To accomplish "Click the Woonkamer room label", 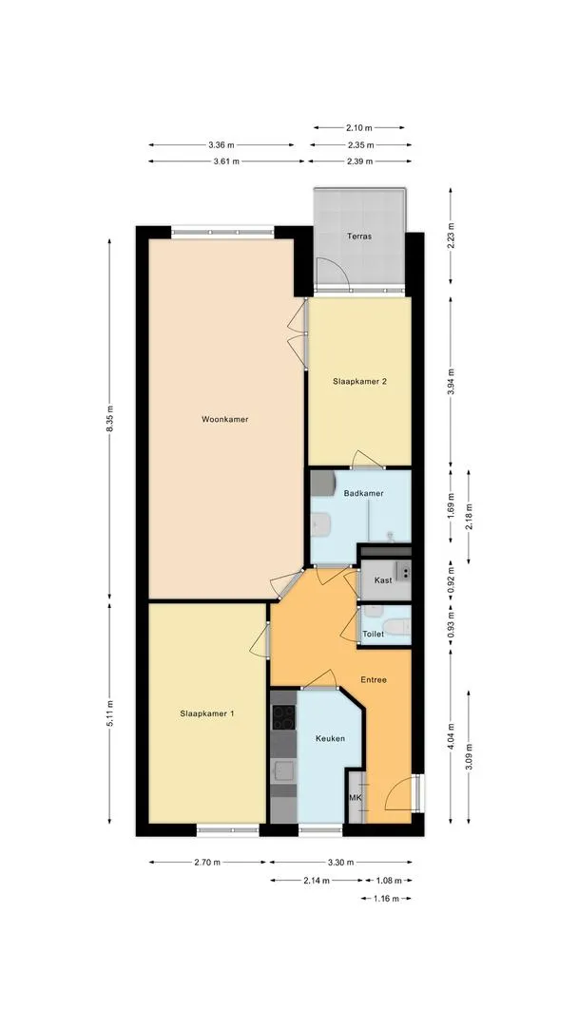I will click(224, 419).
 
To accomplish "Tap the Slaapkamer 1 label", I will click(207, 713).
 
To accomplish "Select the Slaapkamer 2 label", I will click(359, 381).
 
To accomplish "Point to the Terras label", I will click(359, 236).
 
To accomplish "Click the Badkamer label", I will click(363, 493).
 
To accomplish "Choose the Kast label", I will click(383, 579).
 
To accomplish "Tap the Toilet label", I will click(373, 634).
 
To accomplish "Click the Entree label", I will click(373, 679).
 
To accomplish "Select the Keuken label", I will click(329, 738).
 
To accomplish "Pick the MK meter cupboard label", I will click(355, 798).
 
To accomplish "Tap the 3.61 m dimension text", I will click(226, 161).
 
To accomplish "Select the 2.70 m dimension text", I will click(207, 863).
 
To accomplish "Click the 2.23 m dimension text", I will click(450, 240).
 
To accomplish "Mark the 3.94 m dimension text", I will click(450, 380).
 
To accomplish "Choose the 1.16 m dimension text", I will click(385, 898).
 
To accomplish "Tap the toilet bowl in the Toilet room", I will click(399, 626).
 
